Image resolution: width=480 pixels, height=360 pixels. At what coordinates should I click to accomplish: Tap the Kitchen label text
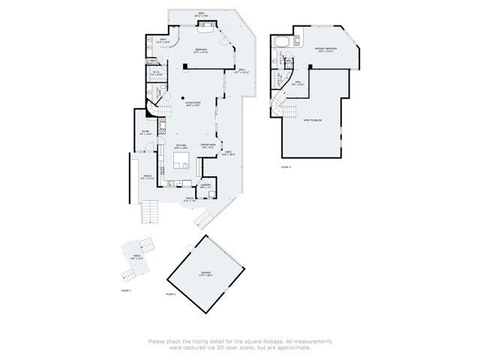181,146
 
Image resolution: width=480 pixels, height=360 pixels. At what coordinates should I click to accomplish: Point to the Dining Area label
208,145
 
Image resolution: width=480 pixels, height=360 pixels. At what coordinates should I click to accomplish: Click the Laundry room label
205,184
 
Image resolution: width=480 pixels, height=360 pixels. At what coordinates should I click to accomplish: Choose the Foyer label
145,132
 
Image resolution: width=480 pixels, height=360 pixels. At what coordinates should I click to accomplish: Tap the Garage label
205,274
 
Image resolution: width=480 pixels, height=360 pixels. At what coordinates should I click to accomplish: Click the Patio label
136,257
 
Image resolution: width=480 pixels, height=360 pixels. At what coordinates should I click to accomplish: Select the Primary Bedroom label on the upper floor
325,49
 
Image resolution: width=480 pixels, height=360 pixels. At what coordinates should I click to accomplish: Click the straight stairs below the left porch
151,213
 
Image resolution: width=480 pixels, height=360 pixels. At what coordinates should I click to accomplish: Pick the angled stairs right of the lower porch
203,219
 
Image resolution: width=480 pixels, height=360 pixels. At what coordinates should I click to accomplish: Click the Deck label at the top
201,13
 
